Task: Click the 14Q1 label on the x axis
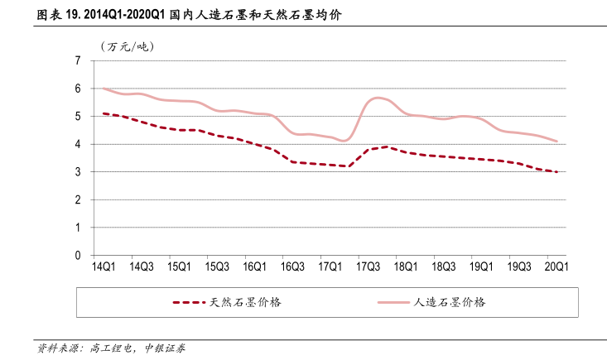click(x=104, y=267)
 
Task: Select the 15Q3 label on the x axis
click(x=216, y=267)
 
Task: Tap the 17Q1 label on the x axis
click(x=330, y=267)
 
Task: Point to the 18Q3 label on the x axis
click(x=443, y=267)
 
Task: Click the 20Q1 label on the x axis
click(x=556, y=267)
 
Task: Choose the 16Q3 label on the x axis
click(x=291, y=267)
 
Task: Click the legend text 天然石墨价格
click(x=246, y=302)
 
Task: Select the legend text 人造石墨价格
click(x=450, y=302)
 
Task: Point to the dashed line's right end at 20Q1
click(x=556, y=171)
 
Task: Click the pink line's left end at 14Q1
click(x=104, y=88)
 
